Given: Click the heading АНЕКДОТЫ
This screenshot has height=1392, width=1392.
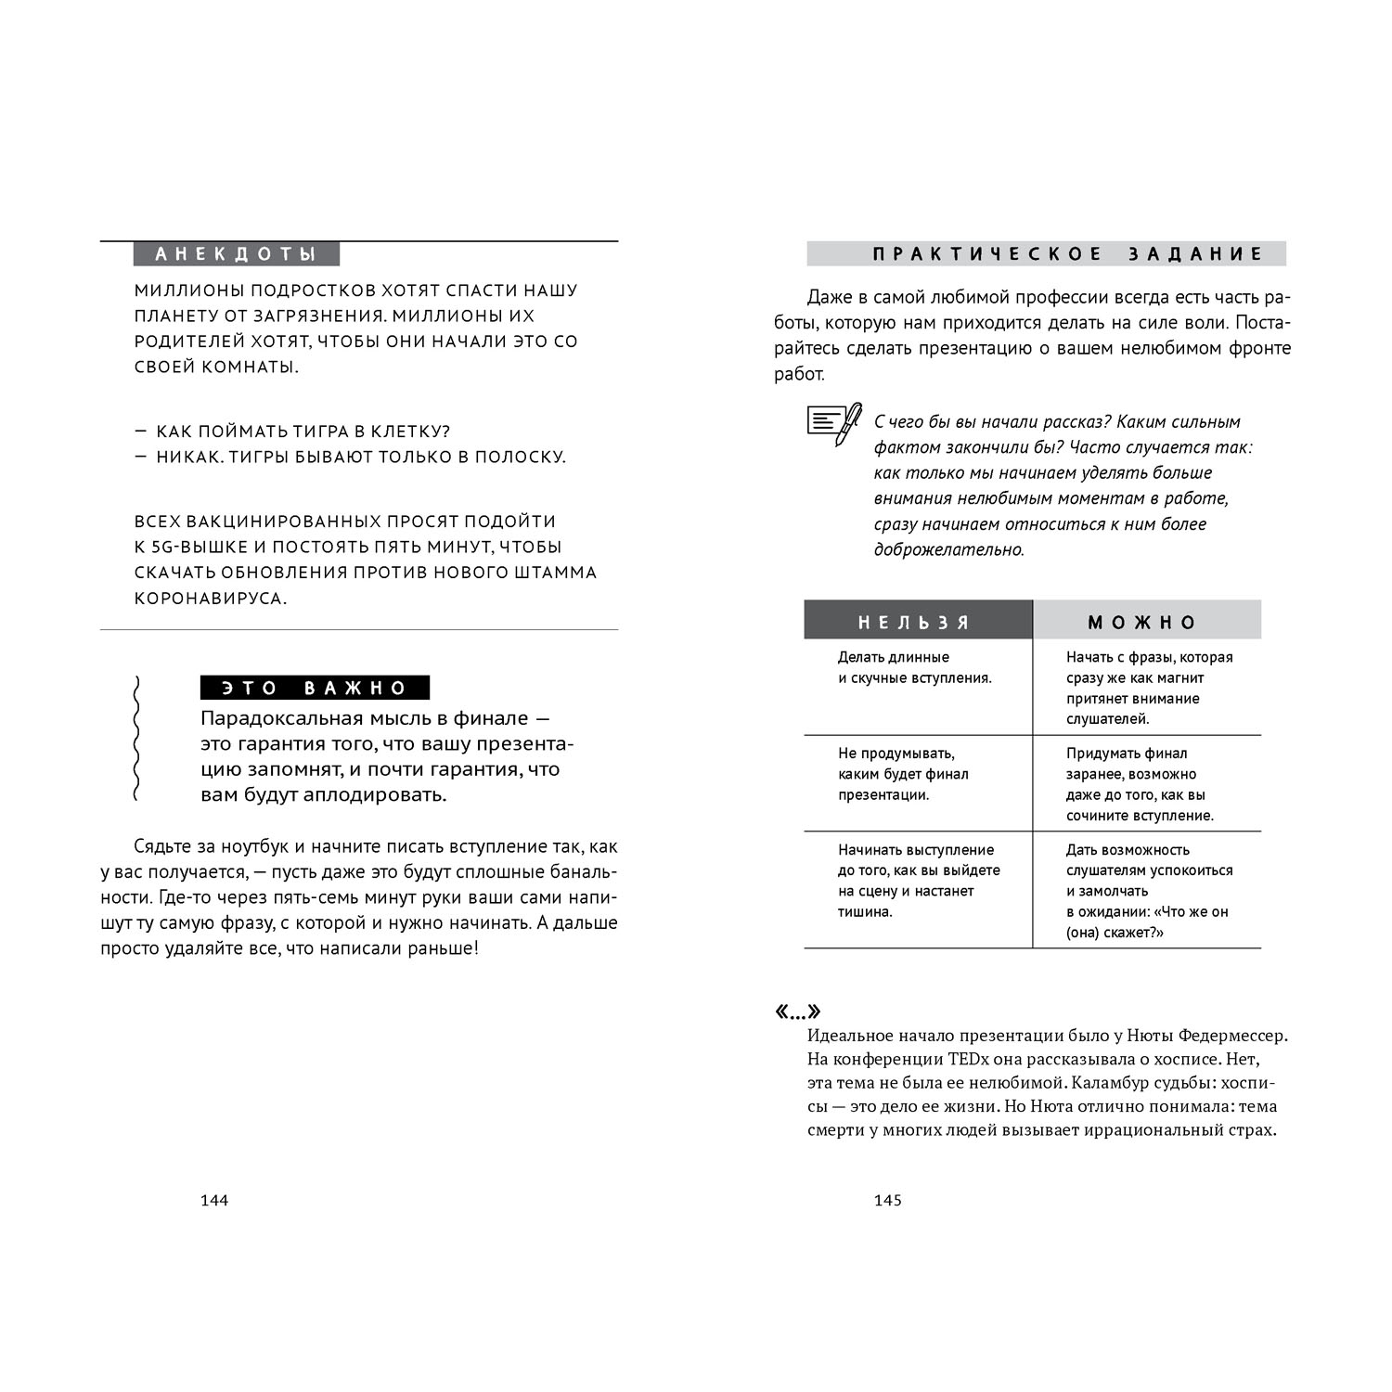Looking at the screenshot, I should coord(236,254).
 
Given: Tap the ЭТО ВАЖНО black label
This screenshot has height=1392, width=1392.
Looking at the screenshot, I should coord(315,688).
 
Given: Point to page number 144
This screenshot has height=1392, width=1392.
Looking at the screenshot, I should coord(214,1200).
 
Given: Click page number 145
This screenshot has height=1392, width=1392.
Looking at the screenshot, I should coord(888,1200).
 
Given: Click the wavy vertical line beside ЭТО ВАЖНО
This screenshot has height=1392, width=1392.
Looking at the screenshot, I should coord(136,739).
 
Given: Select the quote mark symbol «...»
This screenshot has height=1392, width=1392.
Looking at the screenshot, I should coord(798,1012).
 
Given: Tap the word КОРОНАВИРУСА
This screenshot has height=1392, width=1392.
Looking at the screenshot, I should coord(209,598).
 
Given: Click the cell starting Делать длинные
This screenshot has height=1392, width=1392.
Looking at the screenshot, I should coord(914,667).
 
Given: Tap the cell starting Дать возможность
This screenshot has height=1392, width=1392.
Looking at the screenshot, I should coord(1149,891).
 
